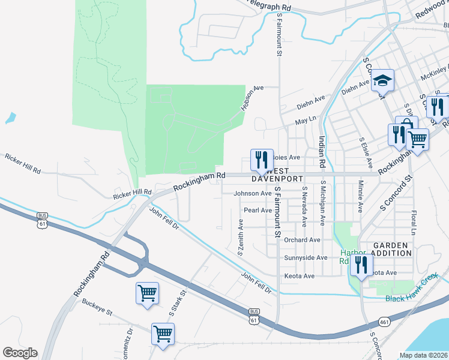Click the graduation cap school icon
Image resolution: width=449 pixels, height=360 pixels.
382,80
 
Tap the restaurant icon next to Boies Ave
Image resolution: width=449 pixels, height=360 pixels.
261,160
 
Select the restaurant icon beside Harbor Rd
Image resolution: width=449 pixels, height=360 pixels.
361,265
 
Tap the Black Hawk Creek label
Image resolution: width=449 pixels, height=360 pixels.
412,298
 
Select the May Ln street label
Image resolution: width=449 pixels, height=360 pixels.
305,121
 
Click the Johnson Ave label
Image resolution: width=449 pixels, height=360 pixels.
253,193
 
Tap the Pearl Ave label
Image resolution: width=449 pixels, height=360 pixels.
258,210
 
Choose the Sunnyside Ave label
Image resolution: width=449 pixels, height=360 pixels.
306,257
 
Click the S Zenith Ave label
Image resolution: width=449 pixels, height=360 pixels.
241,237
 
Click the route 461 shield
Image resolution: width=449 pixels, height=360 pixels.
384,322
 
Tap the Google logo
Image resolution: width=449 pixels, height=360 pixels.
20,353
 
